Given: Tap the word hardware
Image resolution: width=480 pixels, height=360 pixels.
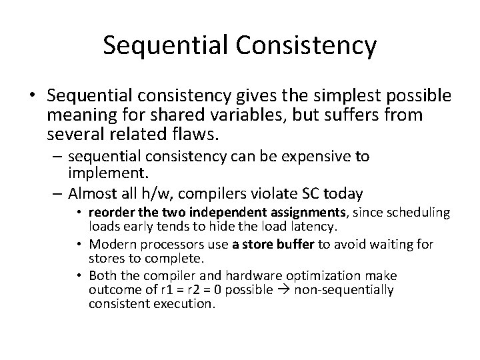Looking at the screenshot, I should pyautogui.click(x=274, y=276).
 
